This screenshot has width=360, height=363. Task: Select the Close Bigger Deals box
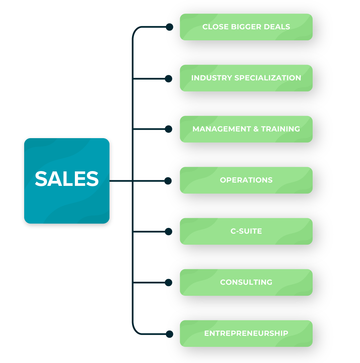(246, 27)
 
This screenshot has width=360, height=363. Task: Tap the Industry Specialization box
(246, 78)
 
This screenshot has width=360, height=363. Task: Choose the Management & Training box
(246, 129)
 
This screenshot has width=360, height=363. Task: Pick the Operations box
(246, 180)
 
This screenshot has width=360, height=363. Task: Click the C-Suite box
(246, 231)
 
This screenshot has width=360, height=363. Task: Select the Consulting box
(246, 282)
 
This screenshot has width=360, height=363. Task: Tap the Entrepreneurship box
(246, 333)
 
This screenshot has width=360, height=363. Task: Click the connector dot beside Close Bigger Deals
(170, 27)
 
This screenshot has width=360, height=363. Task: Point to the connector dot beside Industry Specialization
(169, 79)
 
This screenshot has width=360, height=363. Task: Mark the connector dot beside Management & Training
(169, 129)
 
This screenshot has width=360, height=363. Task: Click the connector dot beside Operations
(168, 181)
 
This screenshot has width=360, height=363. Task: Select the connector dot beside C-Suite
(169, 232)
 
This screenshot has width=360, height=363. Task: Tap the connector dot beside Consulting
(169, 283)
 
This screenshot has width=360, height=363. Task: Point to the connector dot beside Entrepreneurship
(170, 334)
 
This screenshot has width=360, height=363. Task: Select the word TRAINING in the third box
(280, 129)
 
